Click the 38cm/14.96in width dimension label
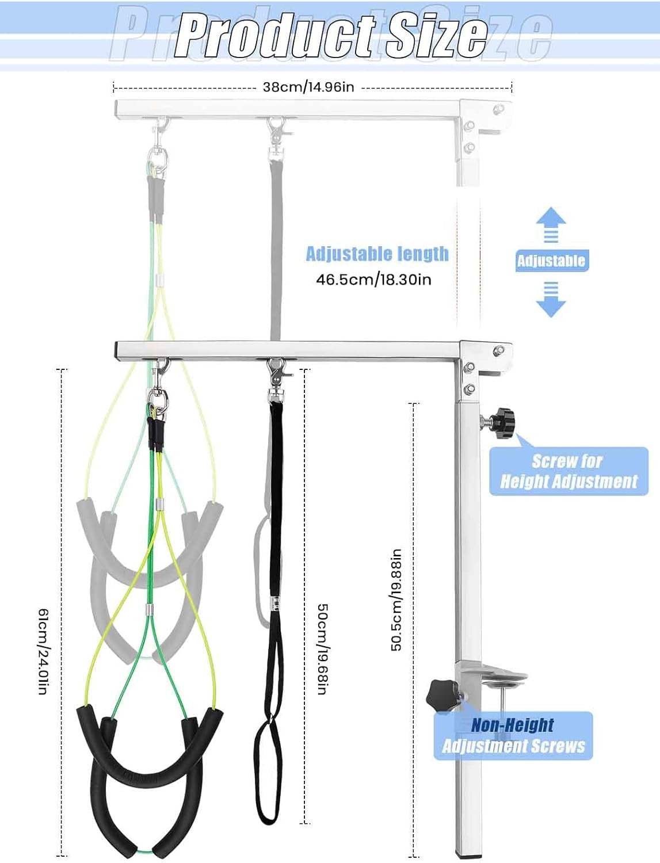click(x=308, y=87)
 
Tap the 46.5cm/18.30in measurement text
click(x=373, y=280)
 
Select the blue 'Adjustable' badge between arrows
click(x=552, y=261)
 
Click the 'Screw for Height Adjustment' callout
click(x=569, y=471)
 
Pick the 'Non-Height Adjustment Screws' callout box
click(x=513, y=736)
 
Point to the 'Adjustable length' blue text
click(x=377, y=254)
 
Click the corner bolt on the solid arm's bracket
click(x=499, y=350)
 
